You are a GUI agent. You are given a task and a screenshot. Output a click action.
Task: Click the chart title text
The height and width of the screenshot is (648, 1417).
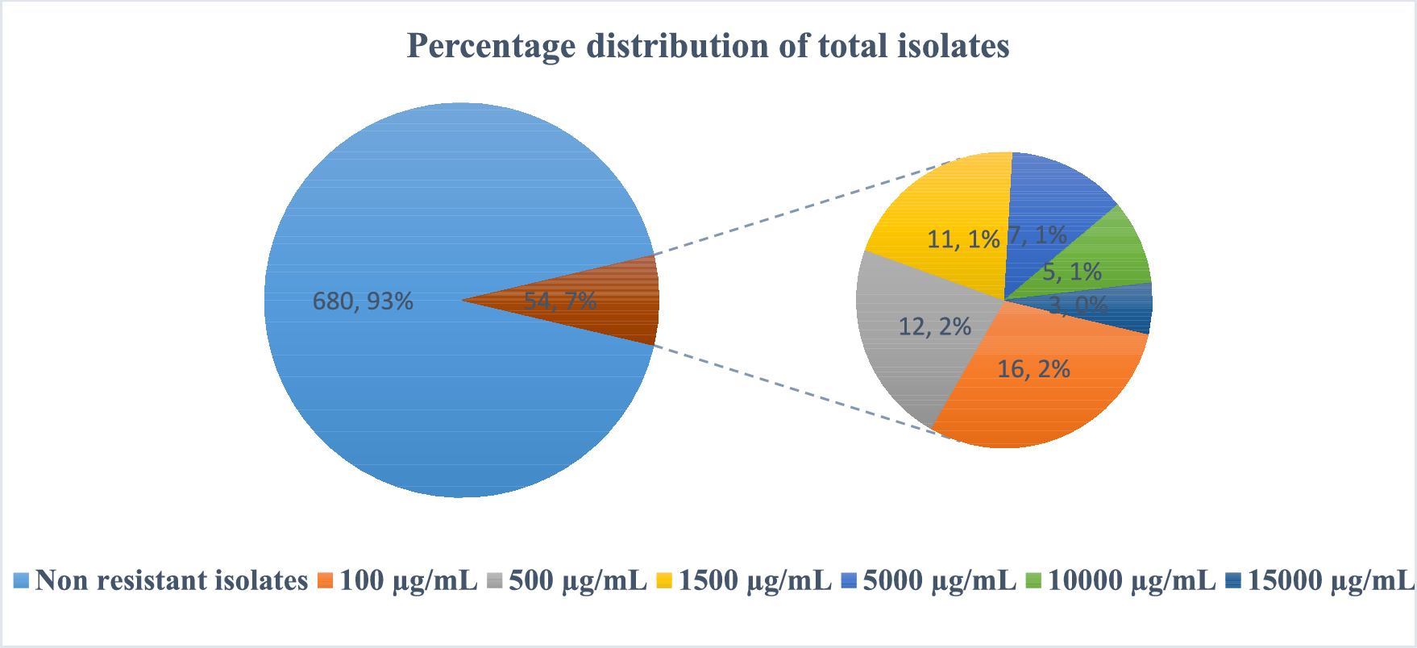coord(708,46)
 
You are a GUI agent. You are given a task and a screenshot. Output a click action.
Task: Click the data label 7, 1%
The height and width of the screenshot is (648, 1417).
coord(1038,235)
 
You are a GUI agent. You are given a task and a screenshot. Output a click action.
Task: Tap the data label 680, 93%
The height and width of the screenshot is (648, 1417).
coord(363,301)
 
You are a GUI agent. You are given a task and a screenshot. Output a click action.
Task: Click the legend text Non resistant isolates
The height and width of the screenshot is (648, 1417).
coord(172,580)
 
